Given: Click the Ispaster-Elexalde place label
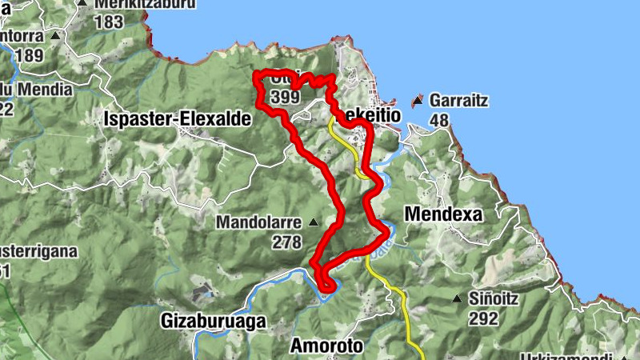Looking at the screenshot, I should click(x=178, y=119).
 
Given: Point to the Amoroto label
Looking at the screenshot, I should click(x=326, y=346).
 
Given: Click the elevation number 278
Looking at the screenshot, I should click(x=286, y=242).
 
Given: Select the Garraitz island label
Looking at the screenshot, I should click(x=458, y=102).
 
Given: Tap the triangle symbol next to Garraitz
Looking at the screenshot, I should click(x=416, y=102).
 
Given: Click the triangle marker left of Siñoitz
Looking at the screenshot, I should click(x=457, y=300).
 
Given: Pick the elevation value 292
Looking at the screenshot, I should click(x=484, y=318).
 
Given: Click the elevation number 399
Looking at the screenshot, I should click(x=286, y=97).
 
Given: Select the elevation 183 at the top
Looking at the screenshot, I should click(x=109, y=22).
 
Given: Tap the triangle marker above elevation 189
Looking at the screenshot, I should click(x=55, y=36).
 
